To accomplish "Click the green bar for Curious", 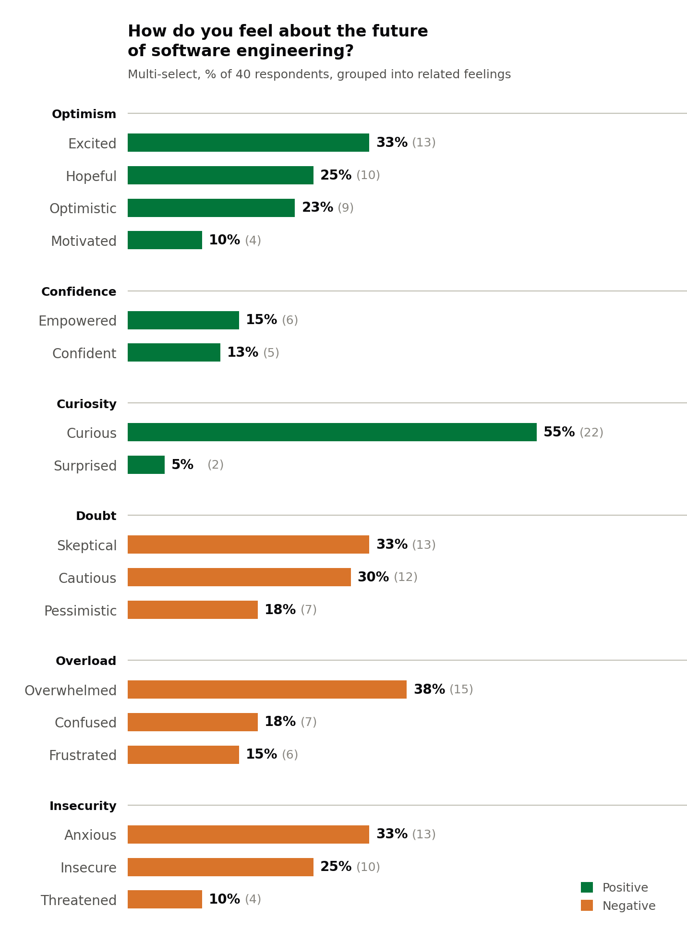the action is (x=332, y=432).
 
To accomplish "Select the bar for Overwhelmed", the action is (x=267, y=689).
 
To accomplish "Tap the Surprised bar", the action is (x=146, y=465).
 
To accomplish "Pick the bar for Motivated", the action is (x=165, y=240).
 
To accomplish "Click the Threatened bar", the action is (x=165, y=899).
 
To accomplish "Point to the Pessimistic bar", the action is (x=193, y=610).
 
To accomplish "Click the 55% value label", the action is (x=559, y=432).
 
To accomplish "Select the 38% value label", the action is (x=429, y=689).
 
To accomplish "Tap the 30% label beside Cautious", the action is (x=373, y=577).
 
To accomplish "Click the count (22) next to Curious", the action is (x=591, y=433).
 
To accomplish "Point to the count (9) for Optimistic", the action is (x=346, y=208).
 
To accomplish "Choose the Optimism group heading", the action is (x=84, y=114).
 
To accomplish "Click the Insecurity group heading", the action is (x=83, y=806).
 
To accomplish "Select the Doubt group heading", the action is (x=96, y=516).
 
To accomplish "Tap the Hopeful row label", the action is (x=91, y=176).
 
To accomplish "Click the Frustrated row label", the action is (x=83, y=755).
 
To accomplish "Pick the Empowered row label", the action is (x=77, y=321).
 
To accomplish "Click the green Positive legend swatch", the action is (x=587, y=887).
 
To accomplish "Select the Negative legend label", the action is (x=629, y=906).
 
